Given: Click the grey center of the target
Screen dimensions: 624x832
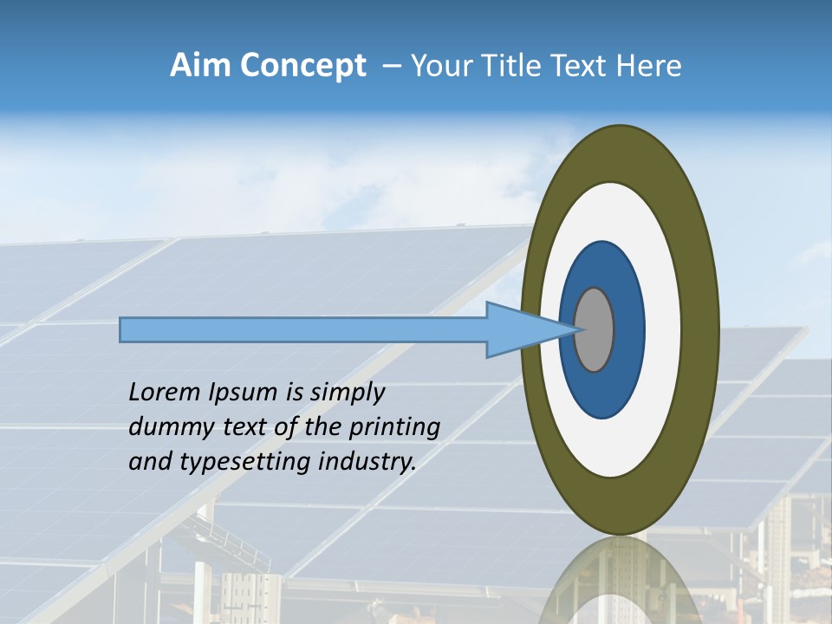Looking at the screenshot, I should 595,329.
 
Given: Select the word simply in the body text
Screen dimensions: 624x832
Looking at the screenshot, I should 347,393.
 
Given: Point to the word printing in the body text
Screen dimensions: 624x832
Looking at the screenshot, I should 394,428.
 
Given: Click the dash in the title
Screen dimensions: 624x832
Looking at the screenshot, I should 392,66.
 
